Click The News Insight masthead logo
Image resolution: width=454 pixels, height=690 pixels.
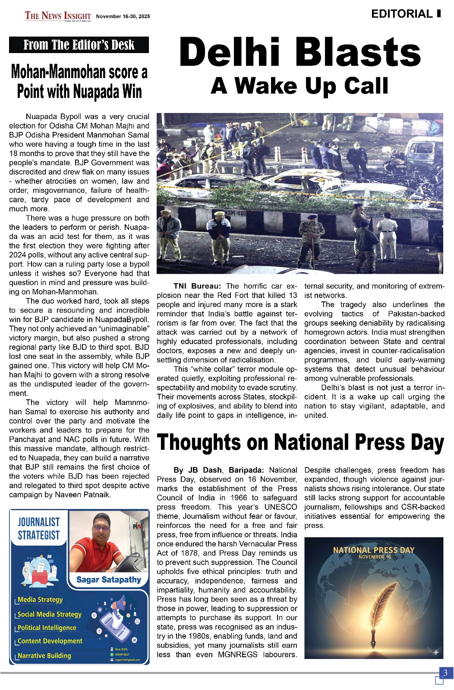pos(58,16)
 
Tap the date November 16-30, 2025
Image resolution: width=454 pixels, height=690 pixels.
pos(123,17)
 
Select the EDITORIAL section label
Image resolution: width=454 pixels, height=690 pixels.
pos(402,14)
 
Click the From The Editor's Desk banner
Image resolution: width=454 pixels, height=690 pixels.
pos(79,45)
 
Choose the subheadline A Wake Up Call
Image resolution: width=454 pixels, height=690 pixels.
pos(300,86)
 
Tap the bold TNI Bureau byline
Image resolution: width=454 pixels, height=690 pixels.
pos(197,286)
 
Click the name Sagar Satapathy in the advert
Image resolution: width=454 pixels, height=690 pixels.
pos(109,580)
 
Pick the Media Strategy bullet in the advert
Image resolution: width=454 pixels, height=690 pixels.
pos(40,600)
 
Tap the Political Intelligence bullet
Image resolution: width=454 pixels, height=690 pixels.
pos(47,628)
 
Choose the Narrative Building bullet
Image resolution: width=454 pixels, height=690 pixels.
pos(44,656)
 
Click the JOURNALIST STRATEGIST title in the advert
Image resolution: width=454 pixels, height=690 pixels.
pos(39,529)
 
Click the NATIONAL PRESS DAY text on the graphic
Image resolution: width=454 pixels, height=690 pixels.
pos(374,550)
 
